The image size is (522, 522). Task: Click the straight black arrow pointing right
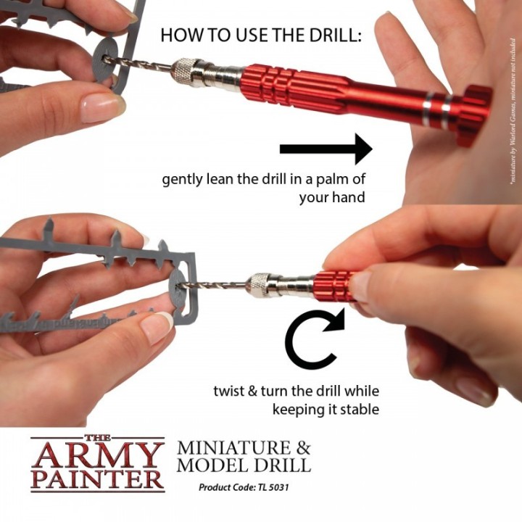[x=326, y=149]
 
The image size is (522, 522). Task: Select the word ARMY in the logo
[x=97, y=455]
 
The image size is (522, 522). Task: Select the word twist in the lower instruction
[x=228, y=391]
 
